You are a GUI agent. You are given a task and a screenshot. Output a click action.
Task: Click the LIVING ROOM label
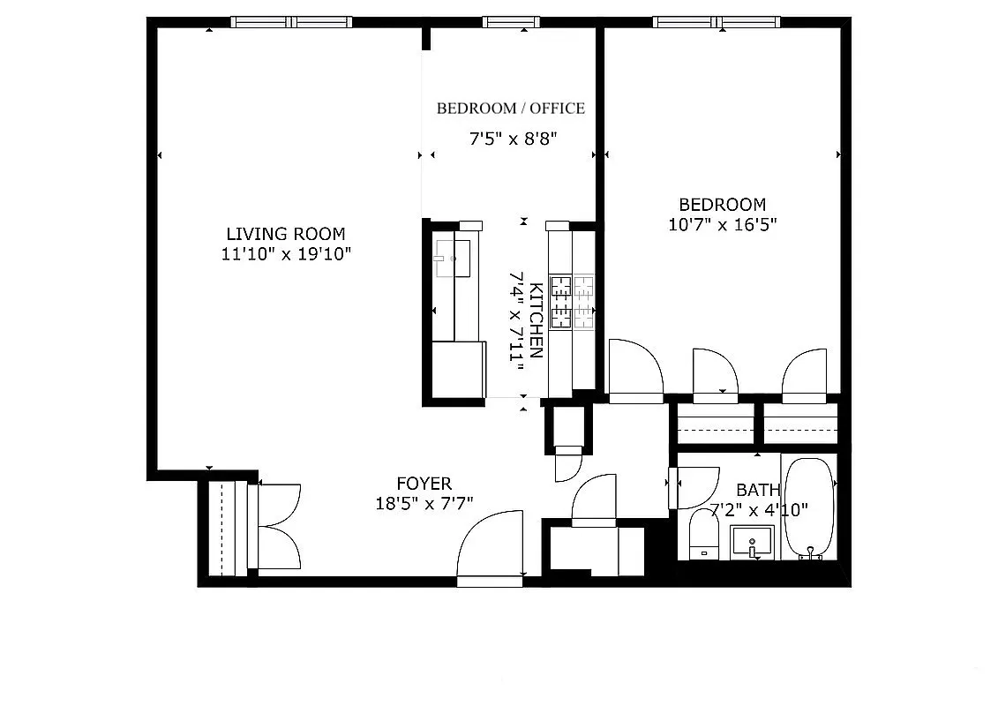286,234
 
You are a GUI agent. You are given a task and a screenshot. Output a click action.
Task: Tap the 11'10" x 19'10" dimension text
286,254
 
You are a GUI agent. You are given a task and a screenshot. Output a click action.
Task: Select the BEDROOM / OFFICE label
510,109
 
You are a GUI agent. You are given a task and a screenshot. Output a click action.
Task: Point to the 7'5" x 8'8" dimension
512,138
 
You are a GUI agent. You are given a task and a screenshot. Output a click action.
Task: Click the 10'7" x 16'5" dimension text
722,224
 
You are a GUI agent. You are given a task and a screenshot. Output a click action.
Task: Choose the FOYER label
424,484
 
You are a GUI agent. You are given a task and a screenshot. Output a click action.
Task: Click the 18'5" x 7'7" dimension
424,503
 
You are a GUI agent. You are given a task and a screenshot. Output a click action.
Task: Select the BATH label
758,490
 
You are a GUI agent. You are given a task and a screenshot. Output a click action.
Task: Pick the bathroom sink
752,541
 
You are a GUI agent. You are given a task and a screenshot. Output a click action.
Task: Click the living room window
291,22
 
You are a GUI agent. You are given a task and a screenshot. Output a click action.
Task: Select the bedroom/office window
511,22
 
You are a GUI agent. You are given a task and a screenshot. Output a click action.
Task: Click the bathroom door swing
694,487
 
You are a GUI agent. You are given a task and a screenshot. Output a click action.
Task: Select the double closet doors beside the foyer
277,526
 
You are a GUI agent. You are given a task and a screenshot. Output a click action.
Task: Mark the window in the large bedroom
717,22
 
